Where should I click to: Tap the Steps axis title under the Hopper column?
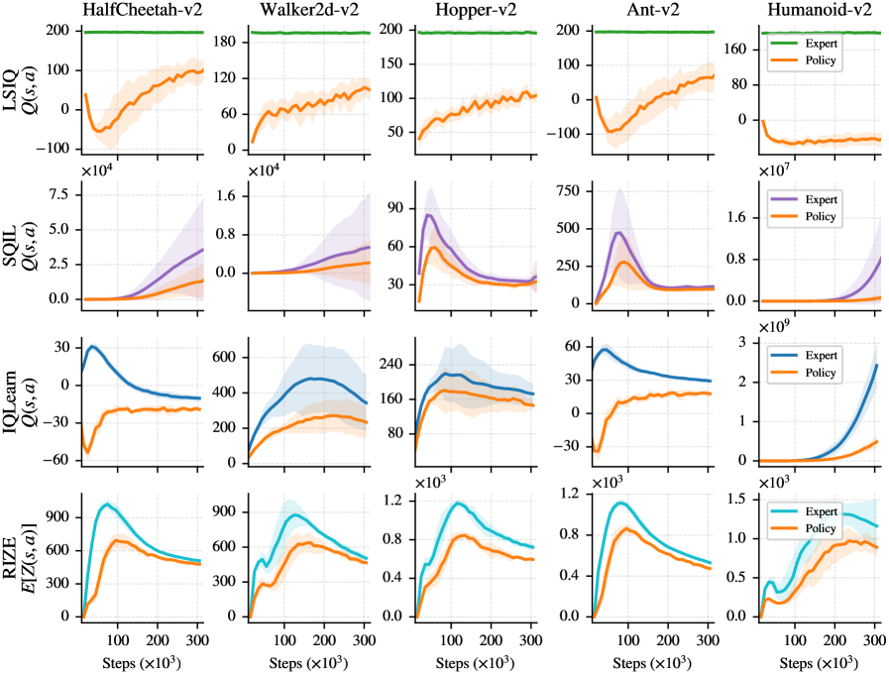tap(473, 661)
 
